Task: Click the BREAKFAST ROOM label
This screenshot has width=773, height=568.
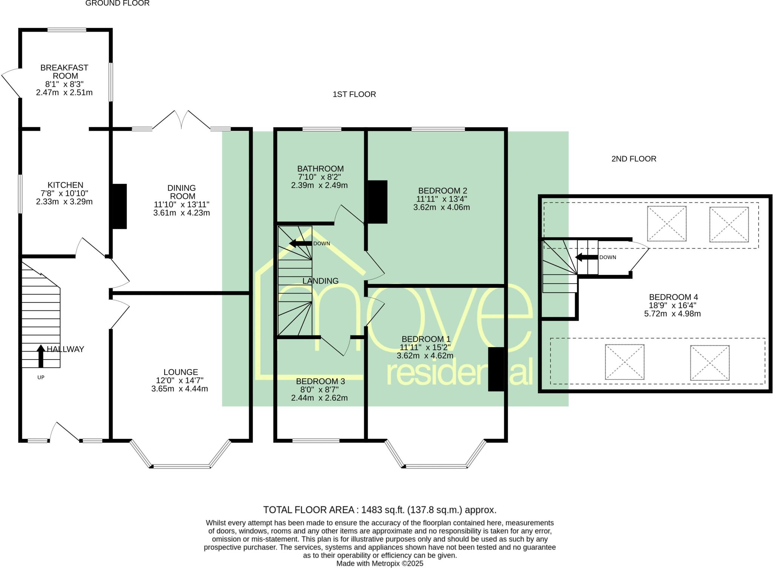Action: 64,72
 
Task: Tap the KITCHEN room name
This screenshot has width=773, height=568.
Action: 65,185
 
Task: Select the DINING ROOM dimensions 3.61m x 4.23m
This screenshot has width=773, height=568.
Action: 182,213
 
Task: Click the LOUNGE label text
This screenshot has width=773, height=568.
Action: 180,372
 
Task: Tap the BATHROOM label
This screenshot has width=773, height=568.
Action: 320,169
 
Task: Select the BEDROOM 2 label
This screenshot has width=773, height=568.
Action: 442,191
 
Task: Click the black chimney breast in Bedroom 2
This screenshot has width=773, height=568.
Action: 377,202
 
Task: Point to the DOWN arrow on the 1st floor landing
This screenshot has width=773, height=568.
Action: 300,244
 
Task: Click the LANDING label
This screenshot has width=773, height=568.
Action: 320,281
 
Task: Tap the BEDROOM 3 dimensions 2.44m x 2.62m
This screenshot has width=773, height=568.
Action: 319,398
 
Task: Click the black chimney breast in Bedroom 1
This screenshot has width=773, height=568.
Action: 496,369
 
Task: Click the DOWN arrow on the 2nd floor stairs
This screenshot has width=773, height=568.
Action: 587,258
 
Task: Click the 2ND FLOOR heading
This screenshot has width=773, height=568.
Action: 634,159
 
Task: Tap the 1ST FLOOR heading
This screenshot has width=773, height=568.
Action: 354,94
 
